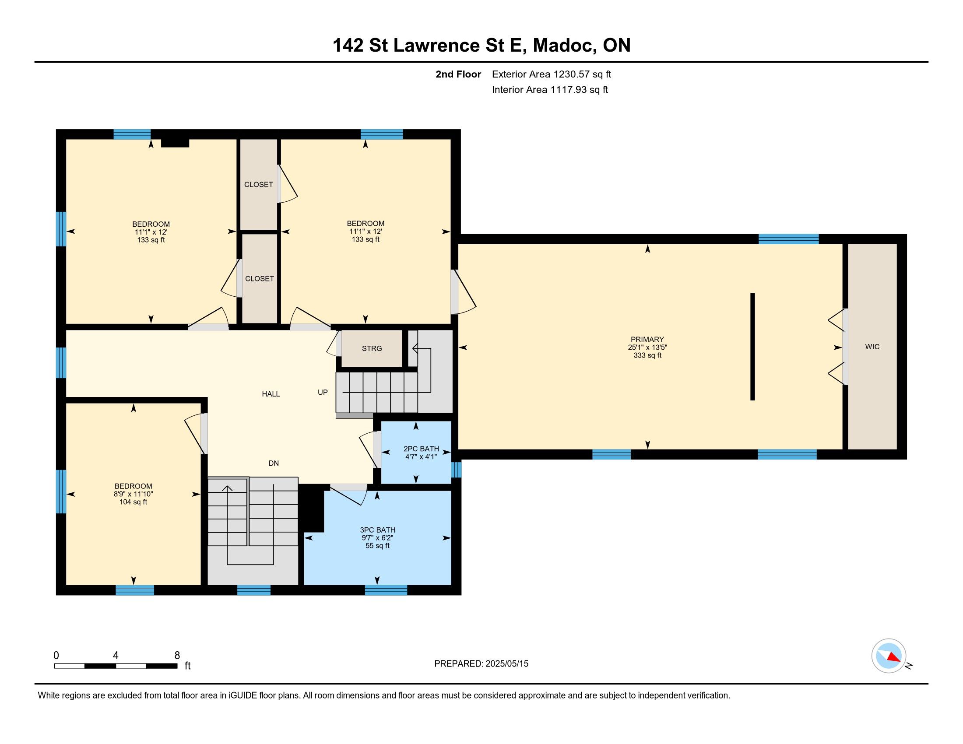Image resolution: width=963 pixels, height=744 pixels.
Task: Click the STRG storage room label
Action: click(372, 348)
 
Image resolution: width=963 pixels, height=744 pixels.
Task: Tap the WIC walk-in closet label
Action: click(872, 347)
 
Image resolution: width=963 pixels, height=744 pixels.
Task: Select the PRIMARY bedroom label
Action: click(647, 339)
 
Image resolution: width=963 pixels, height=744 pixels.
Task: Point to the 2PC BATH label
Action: click(421, 449)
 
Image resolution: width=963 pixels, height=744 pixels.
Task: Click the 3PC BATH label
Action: click(377, 530)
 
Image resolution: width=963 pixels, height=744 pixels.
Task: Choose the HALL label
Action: click(271, 394)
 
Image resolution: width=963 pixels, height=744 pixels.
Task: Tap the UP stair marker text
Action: click(323, 392)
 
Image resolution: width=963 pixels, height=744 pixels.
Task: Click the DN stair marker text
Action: click(274, 463)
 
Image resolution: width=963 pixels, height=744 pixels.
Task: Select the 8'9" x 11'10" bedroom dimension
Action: click(133, 494)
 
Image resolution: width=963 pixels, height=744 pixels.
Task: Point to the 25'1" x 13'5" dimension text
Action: click(647, 347)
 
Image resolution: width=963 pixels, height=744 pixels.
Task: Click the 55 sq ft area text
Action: click(377, 546)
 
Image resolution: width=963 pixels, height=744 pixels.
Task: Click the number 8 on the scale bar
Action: click(177, 656)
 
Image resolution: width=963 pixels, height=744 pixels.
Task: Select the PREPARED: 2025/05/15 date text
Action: click(481, 664)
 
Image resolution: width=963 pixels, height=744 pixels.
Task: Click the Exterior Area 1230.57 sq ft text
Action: click(552, 74)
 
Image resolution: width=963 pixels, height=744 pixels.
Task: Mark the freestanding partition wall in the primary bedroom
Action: click(753, 347)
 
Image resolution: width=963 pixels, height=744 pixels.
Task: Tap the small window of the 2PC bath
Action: click(457, 470)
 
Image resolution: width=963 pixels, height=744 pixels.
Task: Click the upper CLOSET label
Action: click(258, 185)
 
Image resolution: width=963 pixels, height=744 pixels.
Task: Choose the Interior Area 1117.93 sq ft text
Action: click(550, 90)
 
